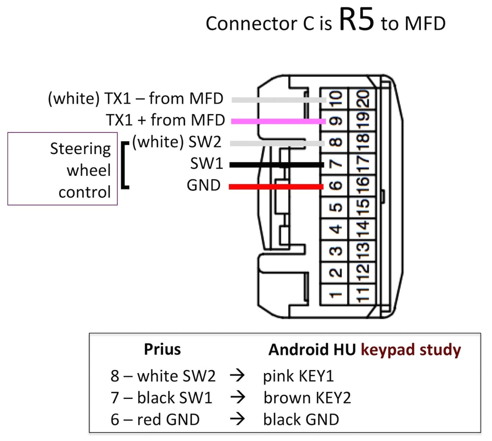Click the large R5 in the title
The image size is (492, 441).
pyautogui.click(x=356, y=20)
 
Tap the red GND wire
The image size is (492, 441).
pyautogui.click(x=276, y=187)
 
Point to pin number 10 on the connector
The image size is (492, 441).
pyautogui.click(x=335, y=99)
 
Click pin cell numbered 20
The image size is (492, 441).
pyautogui.click(x=362, y=99)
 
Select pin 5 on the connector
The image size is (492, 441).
pyautogui.click(x=335, y=208)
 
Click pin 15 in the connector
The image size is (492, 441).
pyautogui.click(x=362, y=208)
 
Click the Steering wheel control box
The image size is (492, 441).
pyautogui.click(x=62, y=169)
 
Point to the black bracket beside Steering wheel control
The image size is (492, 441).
pyautogui.click(x=125, y=165)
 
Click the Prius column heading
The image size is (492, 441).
pyautogui.click(x=162, y=349)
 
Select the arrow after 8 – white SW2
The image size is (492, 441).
pyautogui.click(x=237, y=375)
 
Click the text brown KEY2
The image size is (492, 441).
pyautogui.click(x=307, y=398)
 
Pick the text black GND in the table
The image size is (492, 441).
pyautogui.click(x=301, y=419)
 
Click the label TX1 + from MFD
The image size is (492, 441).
pyautogui.click(x=165, y=120)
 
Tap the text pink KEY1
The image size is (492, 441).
pyautogui.click(x=298, y=376)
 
